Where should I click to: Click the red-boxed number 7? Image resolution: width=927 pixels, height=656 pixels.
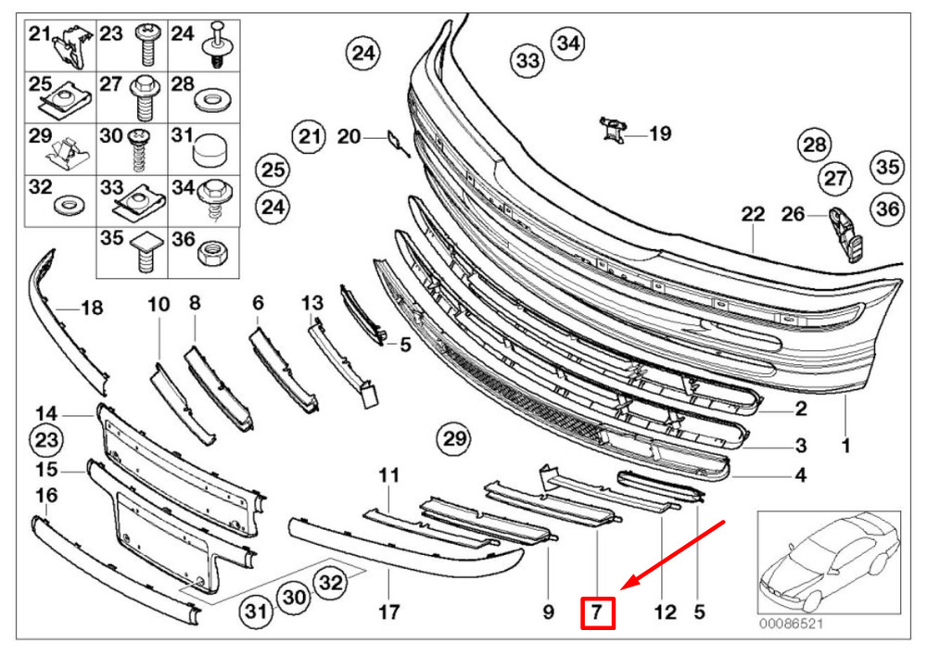598,612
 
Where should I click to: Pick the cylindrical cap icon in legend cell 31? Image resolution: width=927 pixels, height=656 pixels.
209,146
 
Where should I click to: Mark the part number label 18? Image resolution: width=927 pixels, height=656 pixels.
92,308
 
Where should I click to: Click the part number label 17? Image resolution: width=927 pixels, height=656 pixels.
389,612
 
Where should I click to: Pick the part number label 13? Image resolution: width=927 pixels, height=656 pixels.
312,303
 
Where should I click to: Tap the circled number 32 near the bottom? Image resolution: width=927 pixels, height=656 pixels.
330,583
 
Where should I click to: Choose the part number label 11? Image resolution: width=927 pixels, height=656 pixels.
388,475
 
